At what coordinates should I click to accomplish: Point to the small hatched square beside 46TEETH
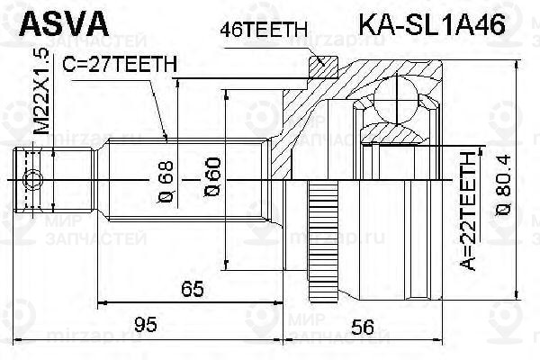tap(319, 64)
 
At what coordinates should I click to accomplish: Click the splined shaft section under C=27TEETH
tap(180, 144)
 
